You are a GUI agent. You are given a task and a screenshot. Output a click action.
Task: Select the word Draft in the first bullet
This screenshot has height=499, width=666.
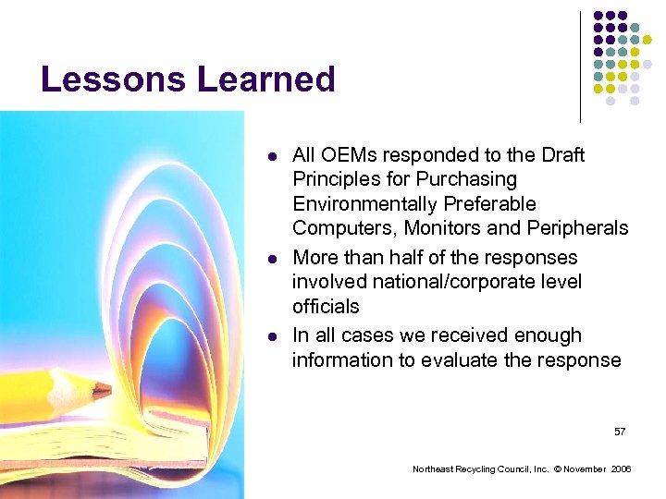click(x=561, y=155)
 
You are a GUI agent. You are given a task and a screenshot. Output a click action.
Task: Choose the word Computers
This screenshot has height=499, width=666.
click(x=337, y=227)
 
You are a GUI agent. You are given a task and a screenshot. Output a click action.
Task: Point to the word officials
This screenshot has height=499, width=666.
click(x=326, y=306)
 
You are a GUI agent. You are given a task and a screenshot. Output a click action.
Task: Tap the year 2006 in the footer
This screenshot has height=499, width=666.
click(x=622, y=470)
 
